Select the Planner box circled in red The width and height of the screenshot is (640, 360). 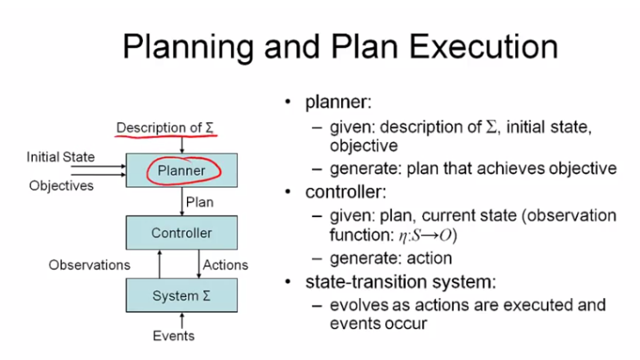click(x=181, y=171)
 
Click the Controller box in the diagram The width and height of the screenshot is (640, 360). click(x=181, y=233)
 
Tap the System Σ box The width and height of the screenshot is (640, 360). click(x=181, y=296)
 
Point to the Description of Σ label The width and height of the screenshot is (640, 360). click(x=165, y=128)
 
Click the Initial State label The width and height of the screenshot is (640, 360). click(x=60, y=157)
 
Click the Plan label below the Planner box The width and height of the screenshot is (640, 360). click(x=201, y=202)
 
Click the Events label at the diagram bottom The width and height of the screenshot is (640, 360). click(x=173, y=335)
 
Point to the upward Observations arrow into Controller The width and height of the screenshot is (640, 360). click(x=160, y=263)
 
